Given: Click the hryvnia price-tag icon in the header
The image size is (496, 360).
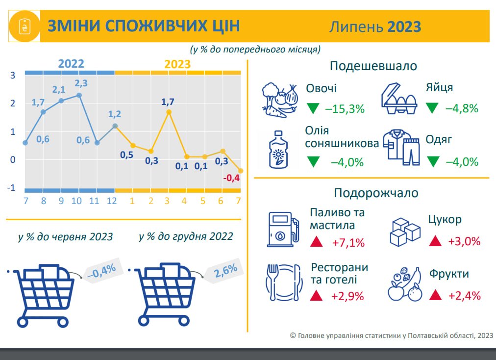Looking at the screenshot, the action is click(25, 26).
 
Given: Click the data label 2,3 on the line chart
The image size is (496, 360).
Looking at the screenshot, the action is click(81, 83).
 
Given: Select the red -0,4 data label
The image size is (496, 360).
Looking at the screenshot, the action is click(231, 178).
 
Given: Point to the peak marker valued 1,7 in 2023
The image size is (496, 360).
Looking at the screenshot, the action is click(169, 112).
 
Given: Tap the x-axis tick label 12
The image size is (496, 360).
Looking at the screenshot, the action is click(112, 201).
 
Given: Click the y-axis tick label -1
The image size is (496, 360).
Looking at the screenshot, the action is click(11, 188).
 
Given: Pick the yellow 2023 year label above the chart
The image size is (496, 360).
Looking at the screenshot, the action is click(177, 64).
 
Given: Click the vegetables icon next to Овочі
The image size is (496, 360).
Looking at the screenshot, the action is click(280, 100).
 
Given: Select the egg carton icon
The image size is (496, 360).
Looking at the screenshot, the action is click(399, 99).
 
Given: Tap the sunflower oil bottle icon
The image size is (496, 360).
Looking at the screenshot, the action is click(278, 149).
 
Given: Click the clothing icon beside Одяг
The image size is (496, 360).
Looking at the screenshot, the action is click(401, 147).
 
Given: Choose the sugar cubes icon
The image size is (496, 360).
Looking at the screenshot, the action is click(405, 232).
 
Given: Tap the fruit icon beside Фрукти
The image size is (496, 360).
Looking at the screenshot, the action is click(405, 284).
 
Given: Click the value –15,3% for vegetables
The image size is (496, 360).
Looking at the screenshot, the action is click(345, 109).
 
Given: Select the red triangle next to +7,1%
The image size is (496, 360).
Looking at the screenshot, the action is click(316, 242).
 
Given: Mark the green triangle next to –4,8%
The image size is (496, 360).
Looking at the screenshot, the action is click(432, 108).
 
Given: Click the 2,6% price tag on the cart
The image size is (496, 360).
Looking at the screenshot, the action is click(224, 271).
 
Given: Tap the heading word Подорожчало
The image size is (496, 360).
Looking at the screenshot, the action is click(376, 193).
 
